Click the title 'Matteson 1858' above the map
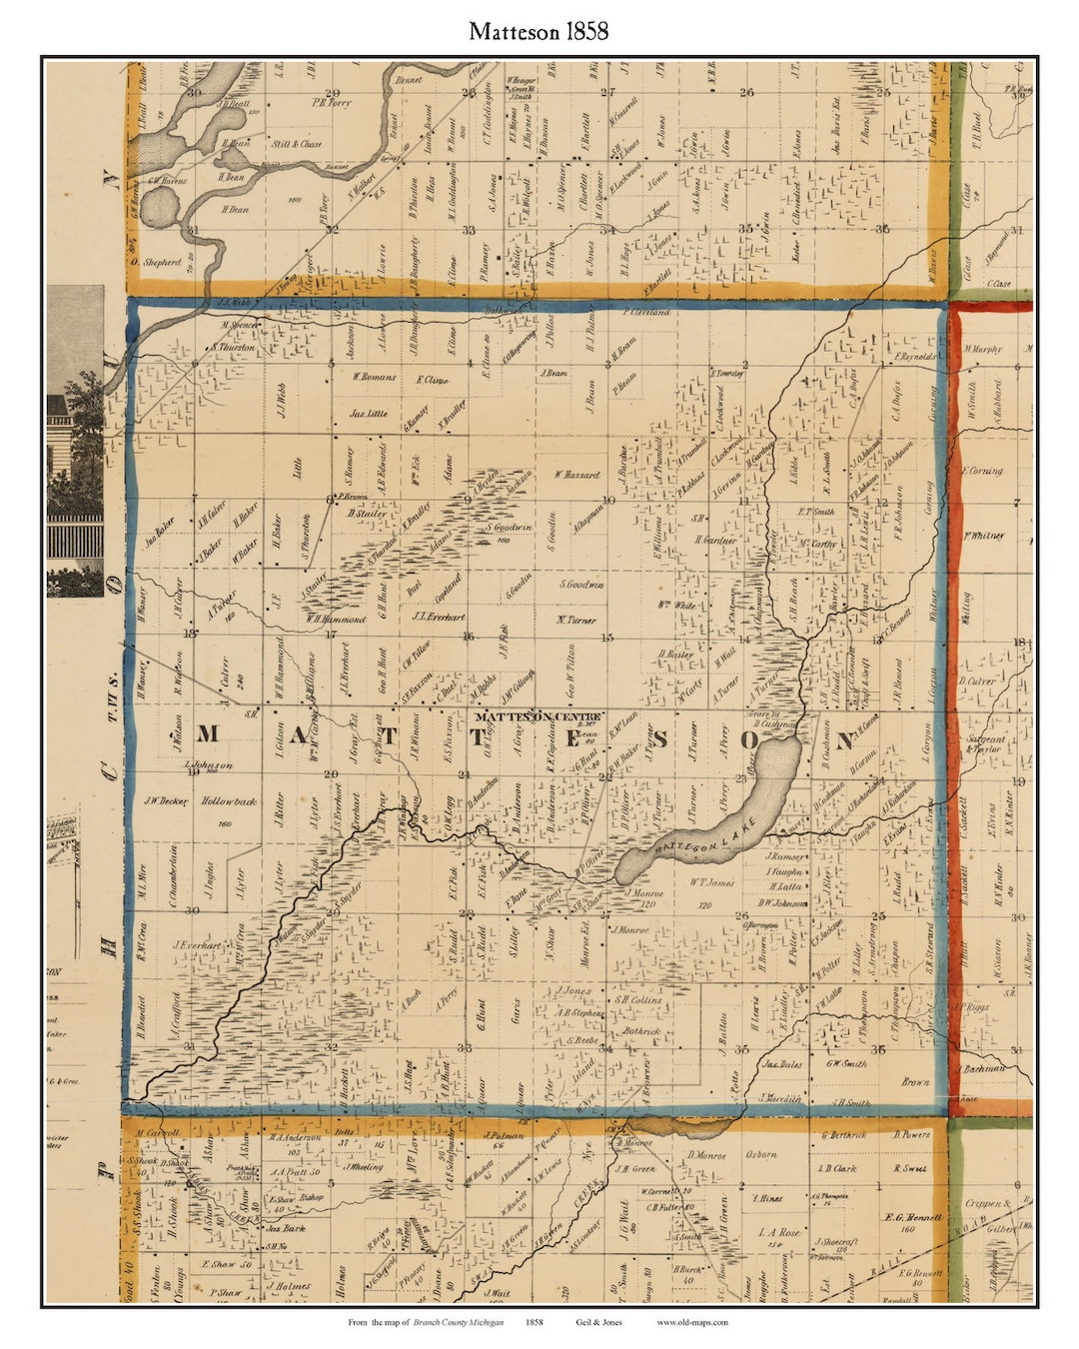[539, 32]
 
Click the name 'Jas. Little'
[368, 413]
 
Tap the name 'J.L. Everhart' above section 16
[439, 617]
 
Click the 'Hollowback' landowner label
[229, 801]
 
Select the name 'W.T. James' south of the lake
[711, 882]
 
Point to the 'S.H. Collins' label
[636, 999]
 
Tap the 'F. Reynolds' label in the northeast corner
[916, 356]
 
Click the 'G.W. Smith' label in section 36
[845, 1063]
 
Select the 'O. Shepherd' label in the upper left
[156, 263]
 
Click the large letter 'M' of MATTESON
[207, 735]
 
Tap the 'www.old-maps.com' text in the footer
[692, 1322]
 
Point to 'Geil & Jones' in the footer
[598, 1322]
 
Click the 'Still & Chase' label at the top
[297, 144]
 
